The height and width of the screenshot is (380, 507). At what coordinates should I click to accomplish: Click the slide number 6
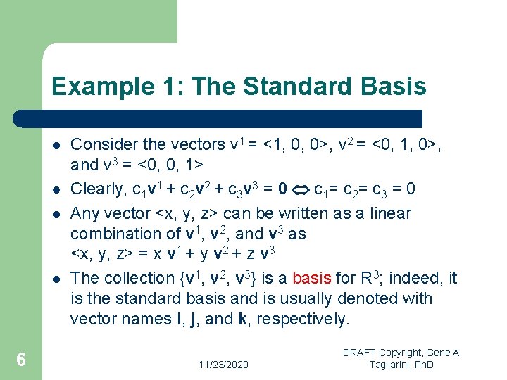(x=21, y=360)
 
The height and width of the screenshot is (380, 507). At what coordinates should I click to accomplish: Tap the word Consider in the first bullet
(x=102, y=145)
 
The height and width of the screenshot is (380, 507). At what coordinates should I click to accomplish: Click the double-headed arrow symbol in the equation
(x=301, y=190)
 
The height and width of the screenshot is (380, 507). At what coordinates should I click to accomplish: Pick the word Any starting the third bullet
(x=84, y=213)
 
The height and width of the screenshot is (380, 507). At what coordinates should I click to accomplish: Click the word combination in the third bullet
(x=115, y=234)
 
